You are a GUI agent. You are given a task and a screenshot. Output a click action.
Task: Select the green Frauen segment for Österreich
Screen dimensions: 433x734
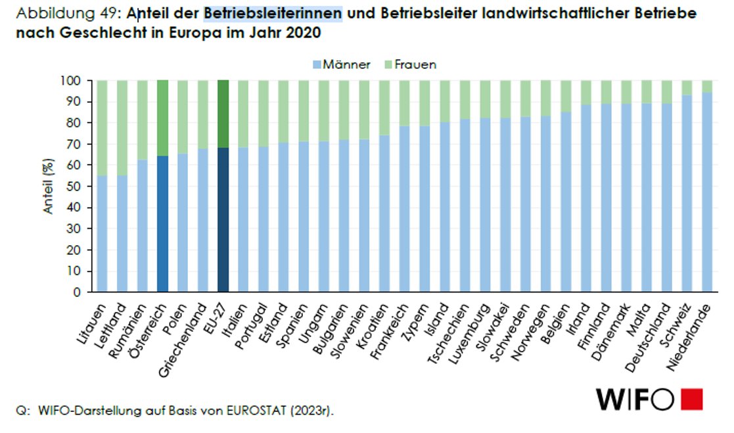point(163,118)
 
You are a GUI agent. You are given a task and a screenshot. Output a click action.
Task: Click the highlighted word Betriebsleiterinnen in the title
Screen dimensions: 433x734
point(273,13)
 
